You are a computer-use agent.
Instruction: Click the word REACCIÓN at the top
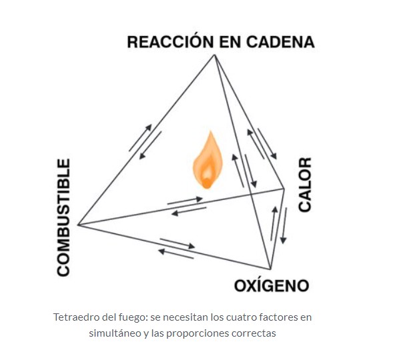pos(170,41)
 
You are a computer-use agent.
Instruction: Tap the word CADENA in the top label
pos(280,42)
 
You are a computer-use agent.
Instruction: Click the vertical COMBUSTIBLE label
pos(63,217)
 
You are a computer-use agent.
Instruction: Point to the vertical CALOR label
pos(305,185)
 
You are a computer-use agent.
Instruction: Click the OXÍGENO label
pos(272,285)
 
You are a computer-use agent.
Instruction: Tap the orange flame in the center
pos(208,160)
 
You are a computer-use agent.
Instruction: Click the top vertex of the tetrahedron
pos(214,55)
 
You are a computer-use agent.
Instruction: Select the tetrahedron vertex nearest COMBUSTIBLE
pos(78,225)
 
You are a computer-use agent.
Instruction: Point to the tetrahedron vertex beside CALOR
pos(284,189)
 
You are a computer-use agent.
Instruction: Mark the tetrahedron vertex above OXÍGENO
pos(270,269)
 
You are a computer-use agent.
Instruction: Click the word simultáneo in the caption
pos(115,333)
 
